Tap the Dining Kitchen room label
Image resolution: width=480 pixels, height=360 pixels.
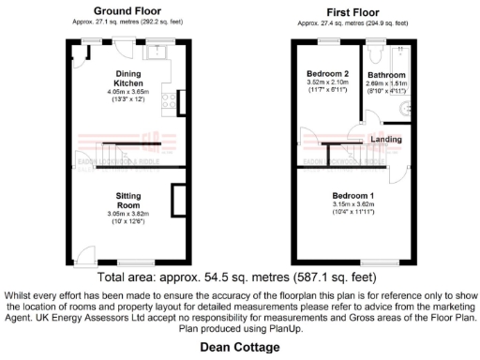pos(129,78)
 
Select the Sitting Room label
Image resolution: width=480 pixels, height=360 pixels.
pos(128,200)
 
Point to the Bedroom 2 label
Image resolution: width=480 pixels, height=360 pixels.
pos(327,73)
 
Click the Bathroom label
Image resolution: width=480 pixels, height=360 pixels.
pos(386,75)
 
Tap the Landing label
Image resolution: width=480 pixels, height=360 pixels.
pos(386,140)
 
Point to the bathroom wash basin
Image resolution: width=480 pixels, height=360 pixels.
pos(405,109)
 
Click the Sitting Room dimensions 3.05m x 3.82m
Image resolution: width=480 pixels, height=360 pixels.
pos(128,214)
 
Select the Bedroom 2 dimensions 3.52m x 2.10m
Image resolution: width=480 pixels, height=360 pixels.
pos(327,82)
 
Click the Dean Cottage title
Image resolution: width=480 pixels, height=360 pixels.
pos(240,347)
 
